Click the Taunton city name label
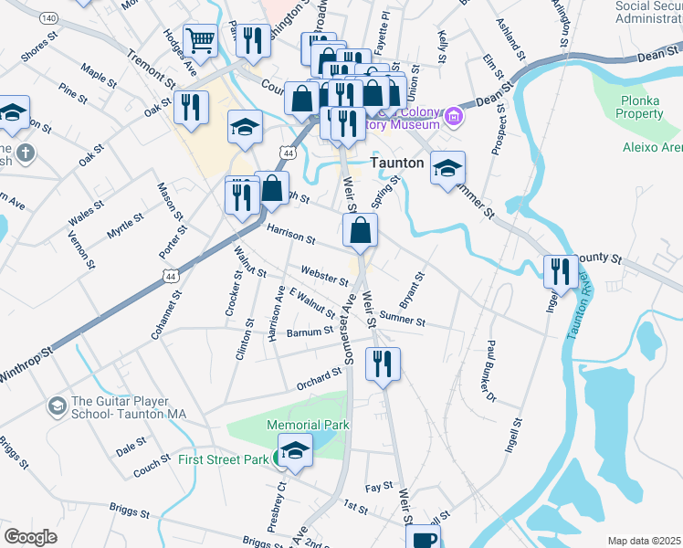[397, 163]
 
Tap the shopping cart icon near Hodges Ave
[200, 40]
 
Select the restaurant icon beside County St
[561, 270]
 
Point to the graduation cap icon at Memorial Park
[295, 451]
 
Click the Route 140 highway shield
[49, 18]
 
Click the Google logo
[30, 536]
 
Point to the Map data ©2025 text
[643, 541]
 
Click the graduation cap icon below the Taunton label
[447, 169]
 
